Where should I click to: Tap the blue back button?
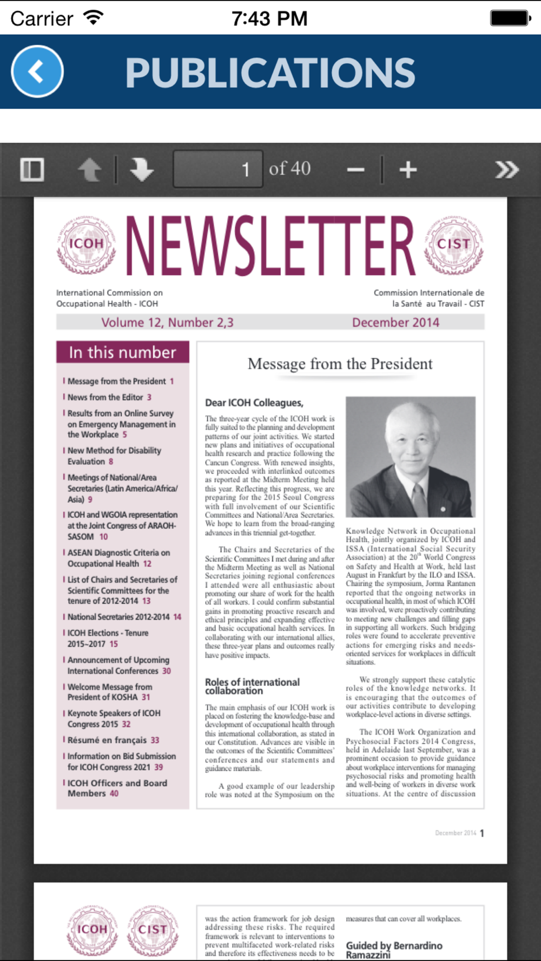pos(37,71)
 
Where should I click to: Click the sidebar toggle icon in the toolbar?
pos(32,170)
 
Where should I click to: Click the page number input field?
pos(217,169)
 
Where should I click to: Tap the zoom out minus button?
pos(355,170)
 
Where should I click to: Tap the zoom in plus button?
pos(408,170)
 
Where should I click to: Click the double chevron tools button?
pos(506,170)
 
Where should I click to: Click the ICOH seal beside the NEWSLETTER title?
pos(86,244)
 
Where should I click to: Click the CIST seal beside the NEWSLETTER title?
pos(453,244)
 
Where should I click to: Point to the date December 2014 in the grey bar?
pos(395,323)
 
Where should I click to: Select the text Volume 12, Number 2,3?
pos(167,323)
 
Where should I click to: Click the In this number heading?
pos(123,352)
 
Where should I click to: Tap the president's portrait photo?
pos(411,457)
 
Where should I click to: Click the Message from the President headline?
pos(340,364)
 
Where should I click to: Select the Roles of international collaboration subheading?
pos(252,686)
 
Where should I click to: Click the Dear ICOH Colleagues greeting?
pos(254,403)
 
